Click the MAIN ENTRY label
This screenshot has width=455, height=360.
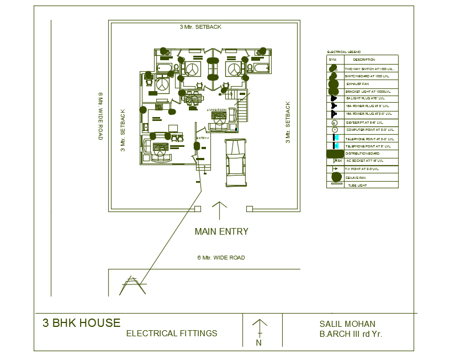221,231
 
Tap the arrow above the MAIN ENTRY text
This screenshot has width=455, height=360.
220,211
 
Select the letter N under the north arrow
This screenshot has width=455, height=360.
258,343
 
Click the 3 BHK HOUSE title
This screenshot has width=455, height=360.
81,323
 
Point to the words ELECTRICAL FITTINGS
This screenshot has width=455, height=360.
172,333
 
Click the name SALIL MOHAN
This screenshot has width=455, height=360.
347,324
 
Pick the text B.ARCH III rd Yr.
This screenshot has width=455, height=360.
351,334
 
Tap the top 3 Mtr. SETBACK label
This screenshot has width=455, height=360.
200,27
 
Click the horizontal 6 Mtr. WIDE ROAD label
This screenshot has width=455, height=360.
221,258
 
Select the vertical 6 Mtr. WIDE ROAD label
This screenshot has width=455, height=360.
100,116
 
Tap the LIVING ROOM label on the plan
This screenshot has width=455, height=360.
217,110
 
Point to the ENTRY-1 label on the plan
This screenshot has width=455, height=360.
202,137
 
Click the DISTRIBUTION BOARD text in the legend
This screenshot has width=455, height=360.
362,153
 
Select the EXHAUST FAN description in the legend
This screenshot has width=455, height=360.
358,84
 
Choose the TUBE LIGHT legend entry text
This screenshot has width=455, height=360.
357,186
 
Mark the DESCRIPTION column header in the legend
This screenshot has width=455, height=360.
364,60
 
